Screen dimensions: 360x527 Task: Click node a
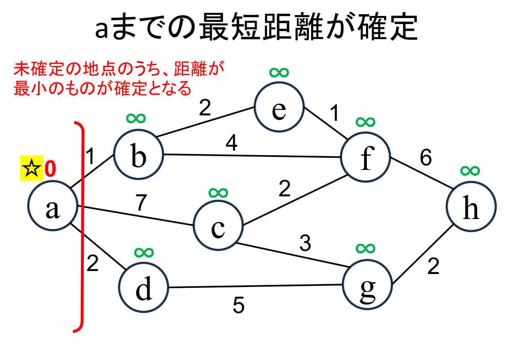(x=52, y=206)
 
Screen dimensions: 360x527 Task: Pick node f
(x=366, y=157)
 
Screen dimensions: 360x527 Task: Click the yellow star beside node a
(x=31, y=169)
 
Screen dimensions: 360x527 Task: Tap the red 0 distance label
(x=49, y=169)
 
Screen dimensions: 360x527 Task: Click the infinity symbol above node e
(x=279, y=73)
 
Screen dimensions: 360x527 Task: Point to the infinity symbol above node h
(x=470, y=170)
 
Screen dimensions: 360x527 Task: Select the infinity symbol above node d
(x=143, y=252)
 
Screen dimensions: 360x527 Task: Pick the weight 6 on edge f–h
(x=426, y=158)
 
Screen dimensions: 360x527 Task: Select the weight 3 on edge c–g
(x=305, y=243)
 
